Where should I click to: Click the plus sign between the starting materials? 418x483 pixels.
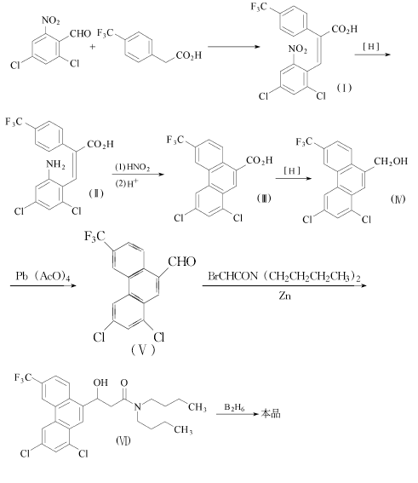pyautogui.click(x=93, y=47)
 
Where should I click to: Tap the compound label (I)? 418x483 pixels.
pyautogui.click(x=344, y=88)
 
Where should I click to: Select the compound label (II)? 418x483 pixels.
pyautogui.click(x=96, y=193)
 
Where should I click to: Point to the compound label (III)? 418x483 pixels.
pyautogui.click(x=264, y=198)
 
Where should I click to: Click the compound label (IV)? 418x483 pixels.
pyautogui.click(x=398, y=199)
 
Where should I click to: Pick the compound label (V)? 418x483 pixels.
pyautogui.click(x=143, y=350)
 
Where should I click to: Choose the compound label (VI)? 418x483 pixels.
pyautogui.click(x=123, y=440)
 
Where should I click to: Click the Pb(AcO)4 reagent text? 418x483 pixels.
pyautogui.click(x=43, y=276)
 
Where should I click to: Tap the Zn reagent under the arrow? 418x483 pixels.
pyautogui.click(x=284, y=296)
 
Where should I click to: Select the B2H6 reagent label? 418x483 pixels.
pyautogui.click(x=235, y=407)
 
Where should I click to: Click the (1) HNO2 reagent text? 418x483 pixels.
pyautogui.click(x=133, y=167)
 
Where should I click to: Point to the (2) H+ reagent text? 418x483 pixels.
pyautogui.click(x=127, y=183)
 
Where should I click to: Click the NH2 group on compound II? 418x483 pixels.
pyautogui.click(x=55, y=164)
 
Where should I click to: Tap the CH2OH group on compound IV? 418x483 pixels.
pyautogui.click(x=391, y=161)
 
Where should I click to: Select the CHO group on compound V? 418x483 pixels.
pyautogui.click(x=182, y=262)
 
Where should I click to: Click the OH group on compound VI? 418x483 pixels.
pyautogui.click(x=100, y=382)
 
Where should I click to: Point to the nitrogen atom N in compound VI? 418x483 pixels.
pyautogui.click(x=138, y=407)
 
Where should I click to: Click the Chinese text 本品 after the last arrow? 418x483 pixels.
pyautogui.click(x=271, y=413)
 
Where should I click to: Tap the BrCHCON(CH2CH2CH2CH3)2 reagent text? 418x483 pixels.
pyautogui.click(x=284, y=276)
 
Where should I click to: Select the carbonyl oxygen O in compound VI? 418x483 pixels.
pyautogui.click(x=124, y=382)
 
